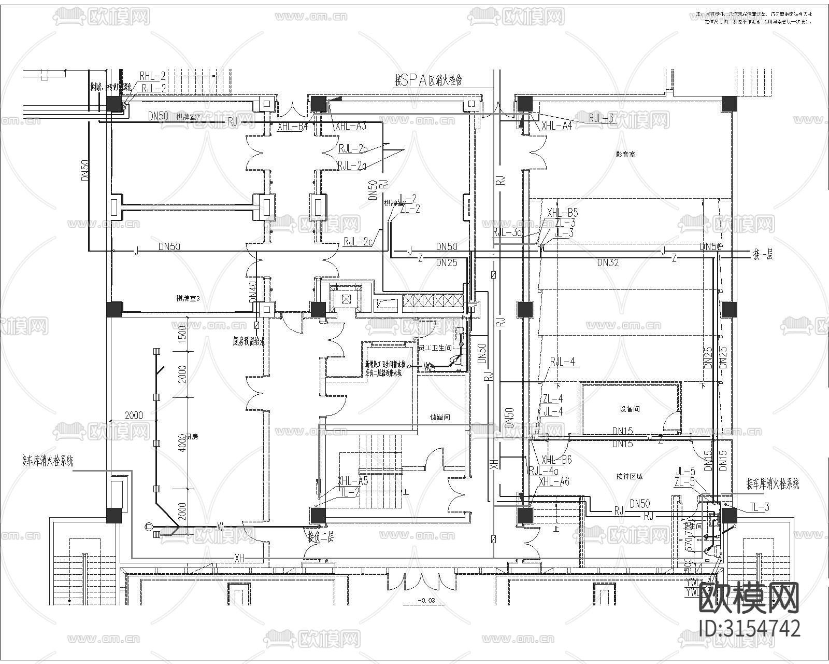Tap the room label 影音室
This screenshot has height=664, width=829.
(625, 154)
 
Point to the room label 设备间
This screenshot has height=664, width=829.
(630, 409)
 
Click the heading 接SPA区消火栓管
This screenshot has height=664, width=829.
(428, 80)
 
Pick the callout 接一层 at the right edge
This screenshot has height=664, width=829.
(762, 255)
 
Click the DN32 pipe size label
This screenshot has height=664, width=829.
(608, 262)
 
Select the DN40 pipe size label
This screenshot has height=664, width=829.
(252, 293)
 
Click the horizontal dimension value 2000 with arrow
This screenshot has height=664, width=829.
(134, 416)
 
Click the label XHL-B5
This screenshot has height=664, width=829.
(562, 213)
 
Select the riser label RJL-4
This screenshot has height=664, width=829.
(562, 361)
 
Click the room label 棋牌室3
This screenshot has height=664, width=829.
(188, 298)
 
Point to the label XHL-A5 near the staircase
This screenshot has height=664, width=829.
(352, 480)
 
